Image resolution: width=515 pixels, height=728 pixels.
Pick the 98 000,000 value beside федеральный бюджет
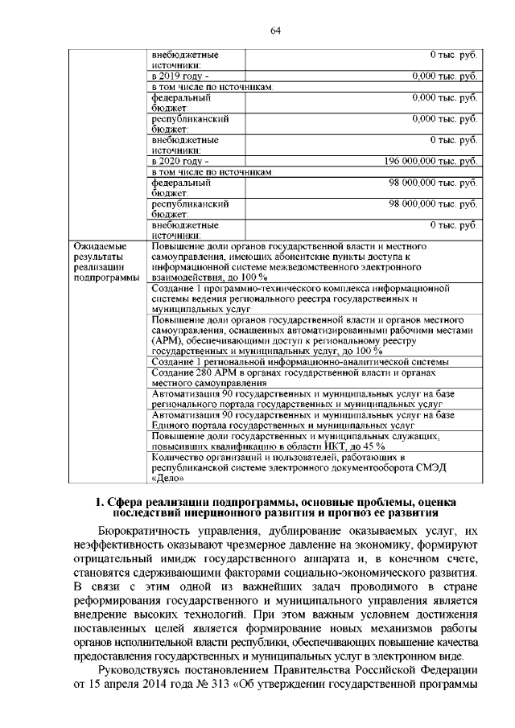(435, 183)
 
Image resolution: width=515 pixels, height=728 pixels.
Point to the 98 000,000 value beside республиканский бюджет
(435, 205)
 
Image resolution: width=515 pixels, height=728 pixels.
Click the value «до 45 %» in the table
(366, 446)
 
